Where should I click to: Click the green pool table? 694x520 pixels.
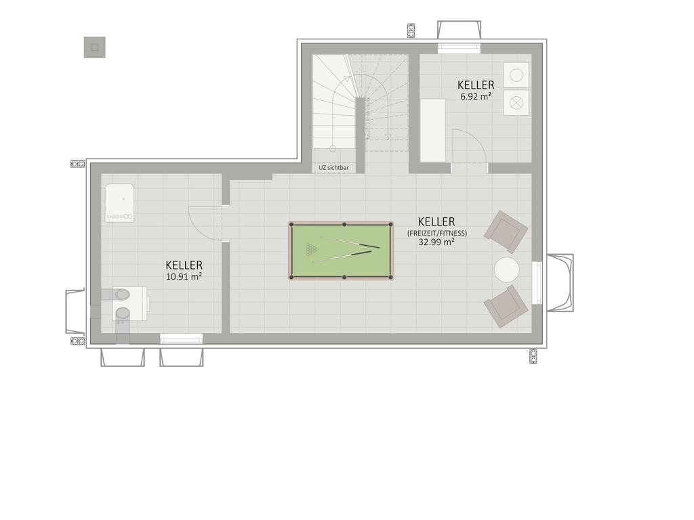click(x=341, y=251)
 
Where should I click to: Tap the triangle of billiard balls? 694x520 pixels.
click(x=312, y=249)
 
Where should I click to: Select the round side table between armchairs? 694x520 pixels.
click(x=507, y=269)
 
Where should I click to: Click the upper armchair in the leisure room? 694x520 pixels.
click(x=506, y=232)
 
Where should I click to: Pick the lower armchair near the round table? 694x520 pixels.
click(x=506, y=307)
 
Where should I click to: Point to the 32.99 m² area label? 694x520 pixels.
click(x=436, y=242)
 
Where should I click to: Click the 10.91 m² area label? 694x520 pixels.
click(x=184, y=276)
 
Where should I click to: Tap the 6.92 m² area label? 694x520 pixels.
click(x=476, y=96)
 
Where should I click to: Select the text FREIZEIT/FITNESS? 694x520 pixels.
click(x=437, y=233)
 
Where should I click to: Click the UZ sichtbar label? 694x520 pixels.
click(x=333, y=168)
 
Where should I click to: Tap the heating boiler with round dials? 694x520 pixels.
click(x=119, y=203)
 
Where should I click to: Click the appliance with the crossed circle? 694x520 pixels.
click(x=516, y=103)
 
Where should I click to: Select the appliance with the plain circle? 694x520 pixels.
click(x=516, y=75)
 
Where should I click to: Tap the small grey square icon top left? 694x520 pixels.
click(x=95, y=47)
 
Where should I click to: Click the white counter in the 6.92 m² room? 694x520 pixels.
click(x=433, y=131)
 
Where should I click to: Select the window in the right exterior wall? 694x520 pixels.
click(x=537, y=283)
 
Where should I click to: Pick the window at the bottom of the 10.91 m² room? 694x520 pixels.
click(x=182, y=339)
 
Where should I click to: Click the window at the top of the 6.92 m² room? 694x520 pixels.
click(x=459, y=49)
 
